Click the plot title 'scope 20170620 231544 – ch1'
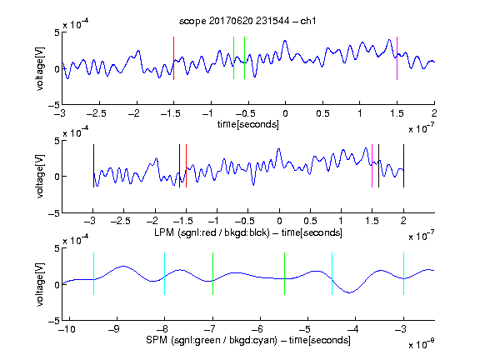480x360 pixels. pyautogui.click(x=247, y=21)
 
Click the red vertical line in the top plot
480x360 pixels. pyautogui.click(x=173, y=58)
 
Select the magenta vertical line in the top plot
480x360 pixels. pyautogui.click(x=397, y=58)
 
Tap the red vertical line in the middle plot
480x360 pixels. pyautogui.click(x=186, y=166)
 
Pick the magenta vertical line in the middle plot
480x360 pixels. pyautogui.click(x=372, y=166)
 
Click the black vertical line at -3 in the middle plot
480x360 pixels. pyautogui.click(x=93, y=166)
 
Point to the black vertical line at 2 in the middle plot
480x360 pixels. pyautogui.click(x=403, y=166)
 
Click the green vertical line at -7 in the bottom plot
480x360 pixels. pyautogui.click(x=212, y=273)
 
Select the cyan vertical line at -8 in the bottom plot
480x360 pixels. pyautogui.click(x=165, y=273)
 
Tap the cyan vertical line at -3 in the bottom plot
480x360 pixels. pyautogui.click(x=403, y=273)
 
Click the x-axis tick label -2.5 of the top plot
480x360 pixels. pyautogui.click(x=97, y=113)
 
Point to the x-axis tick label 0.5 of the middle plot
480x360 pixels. pyautogui.click(x=310, y=221)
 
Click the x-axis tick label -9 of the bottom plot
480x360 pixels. pyautogui.click(x=114, y=329)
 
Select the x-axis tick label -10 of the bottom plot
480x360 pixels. pyautogui.click(x=67, y=329)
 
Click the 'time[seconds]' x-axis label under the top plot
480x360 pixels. pyautogui.click(x=248, y=124)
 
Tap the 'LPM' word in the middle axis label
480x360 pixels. pyautogui.click(x=164, y=232)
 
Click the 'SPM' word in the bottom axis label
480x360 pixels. pyautogui.click(x=157, y=340)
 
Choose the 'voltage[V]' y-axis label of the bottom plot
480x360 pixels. pyautogui.click(x=40, y=284)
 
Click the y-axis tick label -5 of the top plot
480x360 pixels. pyautogui.click(x=54, y=105)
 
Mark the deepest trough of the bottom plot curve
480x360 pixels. pyautogui.click(x=350, y=292)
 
